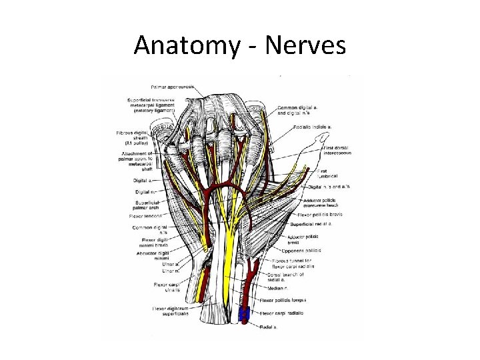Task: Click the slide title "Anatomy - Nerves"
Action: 239,45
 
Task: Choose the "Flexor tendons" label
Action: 145,216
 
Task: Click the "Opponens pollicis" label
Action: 305,250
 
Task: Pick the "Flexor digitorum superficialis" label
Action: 170,311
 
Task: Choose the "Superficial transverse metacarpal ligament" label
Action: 153,106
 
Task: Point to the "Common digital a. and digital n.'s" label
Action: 300,110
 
